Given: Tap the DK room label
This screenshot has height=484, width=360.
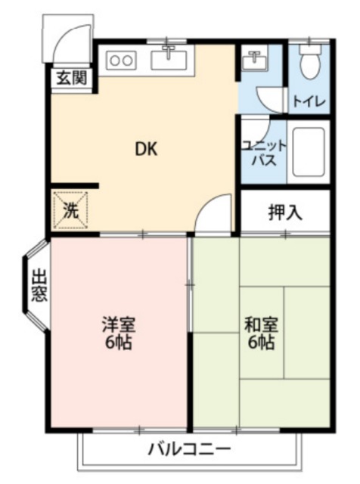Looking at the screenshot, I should pyautogui.click(x=146, y=149).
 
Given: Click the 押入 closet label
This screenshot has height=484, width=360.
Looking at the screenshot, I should pyautogui.click(x=285, y=213).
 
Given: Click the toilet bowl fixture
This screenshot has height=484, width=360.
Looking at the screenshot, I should pyautogui.click(x=309, y=65).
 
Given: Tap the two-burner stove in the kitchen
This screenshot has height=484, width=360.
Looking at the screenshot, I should pyautogui.click(x=121, y=60).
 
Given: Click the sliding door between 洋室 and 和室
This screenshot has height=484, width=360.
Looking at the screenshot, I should pyautogui.click(x=190, y=284).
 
